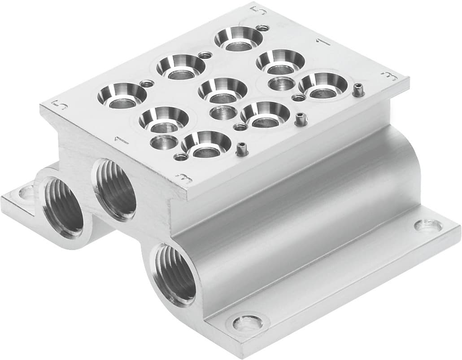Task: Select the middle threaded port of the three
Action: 116,189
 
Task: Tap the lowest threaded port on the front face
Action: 176,274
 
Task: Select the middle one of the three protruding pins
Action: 299,119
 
